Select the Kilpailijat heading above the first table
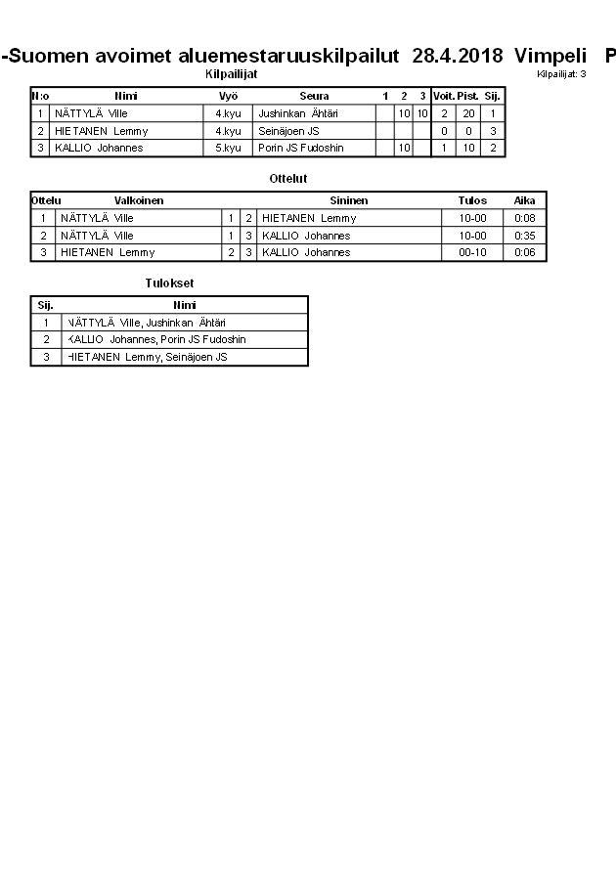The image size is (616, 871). pyautogui.click(x=232, y=74)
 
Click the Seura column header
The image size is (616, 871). pyautogui.click(x=314, y=96)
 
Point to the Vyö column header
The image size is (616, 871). pyautogui.click(x=228, y=96)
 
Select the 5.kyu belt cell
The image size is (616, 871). pyautogui.click(x=228, y=148)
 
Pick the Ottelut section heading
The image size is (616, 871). pyautogui.click(x=288, y=179)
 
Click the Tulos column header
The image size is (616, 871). pyautogui.click(x=472, y=200)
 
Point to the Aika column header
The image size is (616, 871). pyautogui.click(x=525, y=200)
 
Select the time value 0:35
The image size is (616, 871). pyautogui.click(x=525, y=236)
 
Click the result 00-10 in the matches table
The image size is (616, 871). pyautogui.click(x=472, y=252)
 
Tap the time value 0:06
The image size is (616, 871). pyautogui.click(x=525, y=252)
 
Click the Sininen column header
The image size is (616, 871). pyautogui.click(x=349, y=200)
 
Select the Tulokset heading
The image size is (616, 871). pyautogui.click(x=162, y=283)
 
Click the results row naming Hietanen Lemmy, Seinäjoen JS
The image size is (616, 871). pyautogui.click(x=147, y=357)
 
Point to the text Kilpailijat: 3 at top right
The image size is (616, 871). pyautogui.click(x=561, y=74)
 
